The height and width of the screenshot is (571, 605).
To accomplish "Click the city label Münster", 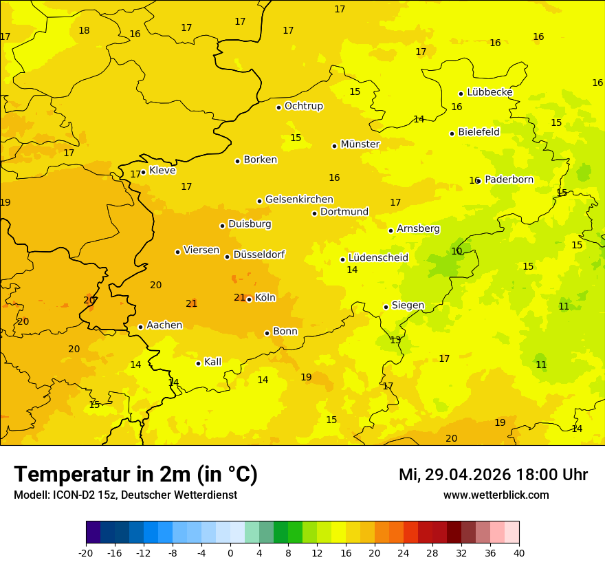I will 360,144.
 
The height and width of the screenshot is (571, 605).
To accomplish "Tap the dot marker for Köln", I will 249,299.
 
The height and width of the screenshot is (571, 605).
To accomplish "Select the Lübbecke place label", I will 489,92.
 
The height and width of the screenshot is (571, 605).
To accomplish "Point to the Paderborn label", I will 509,180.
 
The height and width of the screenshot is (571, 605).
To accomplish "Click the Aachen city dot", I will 140,327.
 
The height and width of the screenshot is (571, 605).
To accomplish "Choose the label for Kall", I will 212,362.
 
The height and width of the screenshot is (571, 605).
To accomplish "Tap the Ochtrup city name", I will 303,106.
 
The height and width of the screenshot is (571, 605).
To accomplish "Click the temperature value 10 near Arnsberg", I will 456,251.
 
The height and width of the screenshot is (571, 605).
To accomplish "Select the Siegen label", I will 408,305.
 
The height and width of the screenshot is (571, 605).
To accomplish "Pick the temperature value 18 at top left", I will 84,30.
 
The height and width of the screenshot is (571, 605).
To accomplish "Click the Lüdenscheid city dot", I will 342,259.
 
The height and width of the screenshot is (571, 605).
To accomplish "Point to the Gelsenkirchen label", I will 299,200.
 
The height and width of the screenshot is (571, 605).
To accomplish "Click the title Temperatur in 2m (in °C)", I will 135,475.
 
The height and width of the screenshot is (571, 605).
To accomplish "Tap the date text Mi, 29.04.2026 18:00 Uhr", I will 493,475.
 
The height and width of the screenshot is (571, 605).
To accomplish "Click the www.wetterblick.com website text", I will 496,495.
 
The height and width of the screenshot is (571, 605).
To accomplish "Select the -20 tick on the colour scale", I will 86,552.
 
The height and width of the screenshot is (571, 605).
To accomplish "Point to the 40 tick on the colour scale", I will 519,552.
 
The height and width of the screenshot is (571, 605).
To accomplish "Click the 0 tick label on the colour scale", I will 230,552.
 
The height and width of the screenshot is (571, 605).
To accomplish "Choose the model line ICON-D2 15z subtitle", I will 125,495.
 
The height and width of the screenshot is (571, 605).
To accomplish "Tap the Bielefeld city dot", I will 452,133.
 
